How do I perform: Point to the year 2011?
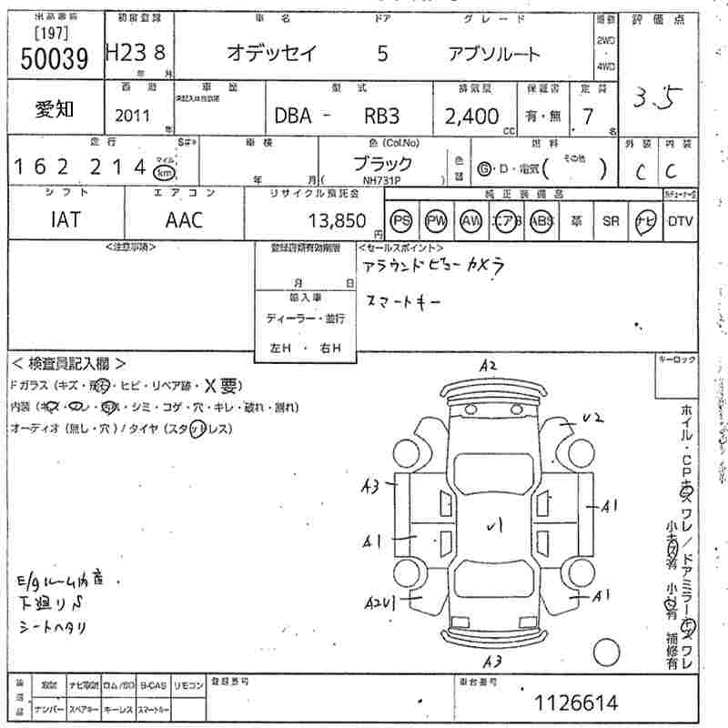tap(134, 116)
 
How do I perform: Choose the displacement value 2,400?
tap(471, 116)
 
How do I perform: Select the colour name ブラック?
tap(382, 164)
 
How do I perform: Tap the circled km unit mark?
tap(164, 171)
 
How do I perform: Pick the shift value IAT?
tap(65, 219)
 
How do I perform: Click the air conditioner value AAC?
tap(184, 219)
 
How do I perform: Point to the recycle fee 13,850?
tap(338, 220)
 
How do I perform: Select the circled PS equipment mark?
tap(401, 220)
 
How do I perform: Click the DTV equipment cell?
tap(680, 220)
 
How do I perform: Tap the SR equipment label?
tap(611, 220)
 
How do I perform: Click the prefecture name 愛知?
tap(56, 109)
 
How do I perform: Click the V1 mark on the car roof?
tap(494, 525)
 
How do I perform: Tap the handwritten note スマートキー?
tap(402, 300)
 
